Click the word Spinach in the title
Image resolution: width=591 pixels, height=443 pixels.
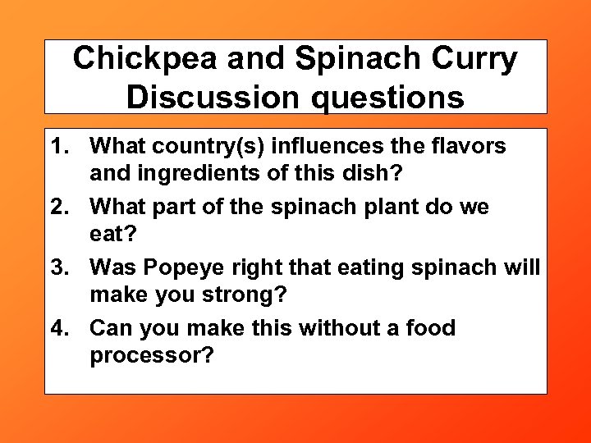[x=343, y=59]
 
